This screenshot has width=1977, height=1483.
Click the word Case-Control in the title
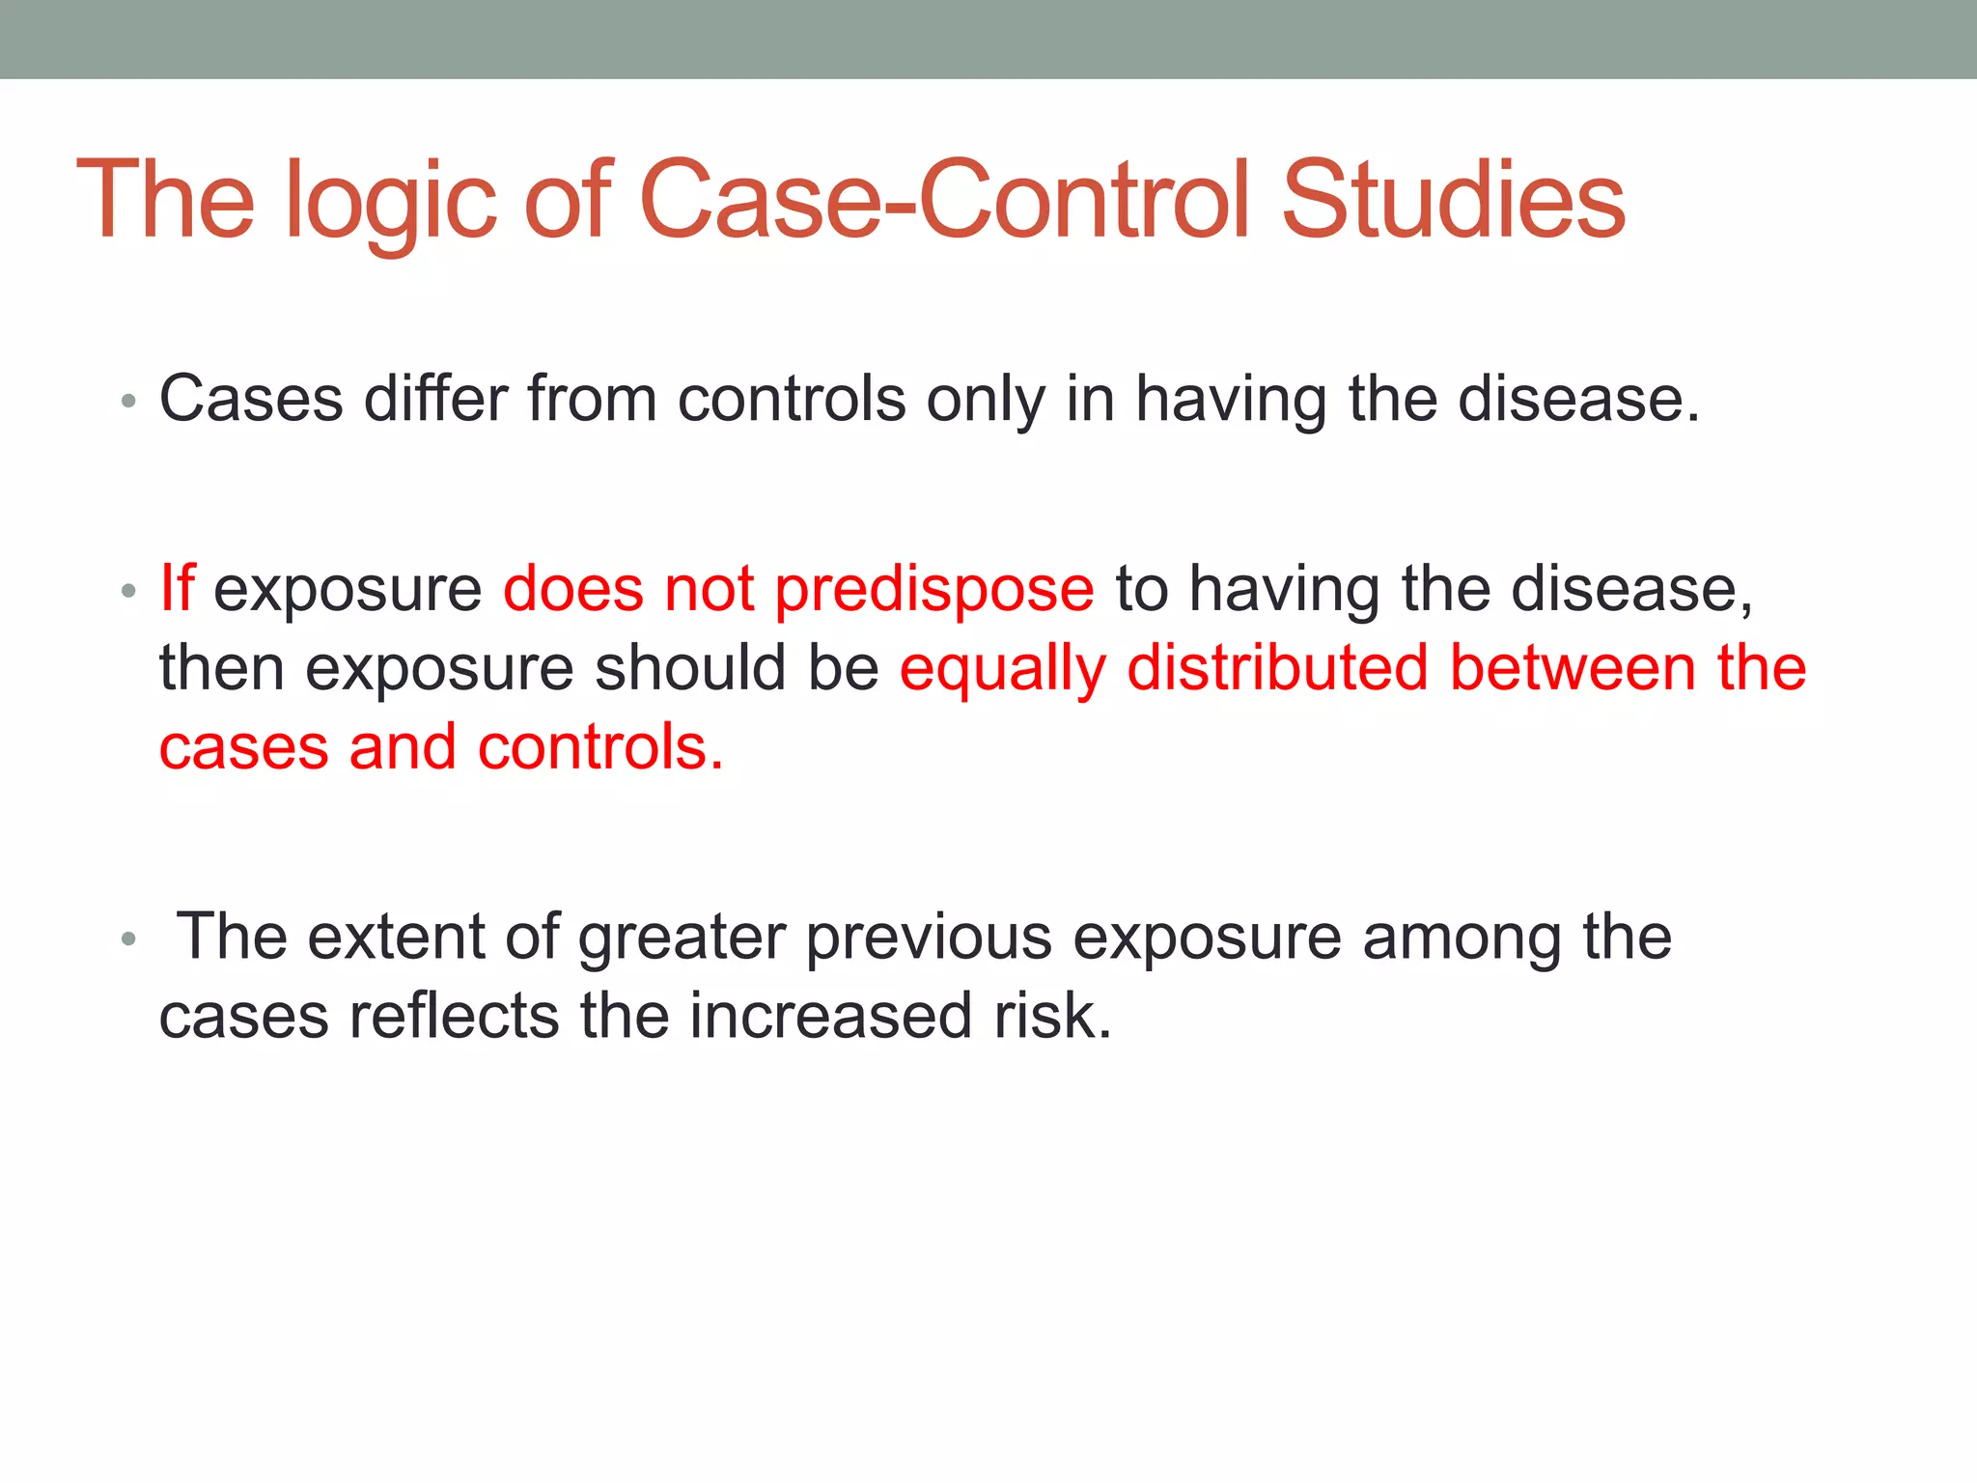pyautogui.click(x=947, y=200)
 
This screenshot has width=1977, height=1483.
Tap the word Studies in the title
pyautogui.click(x=1453, y=200)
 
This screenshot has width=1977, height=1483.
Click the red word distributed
pyautogui.click(x=1277, y=667)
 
